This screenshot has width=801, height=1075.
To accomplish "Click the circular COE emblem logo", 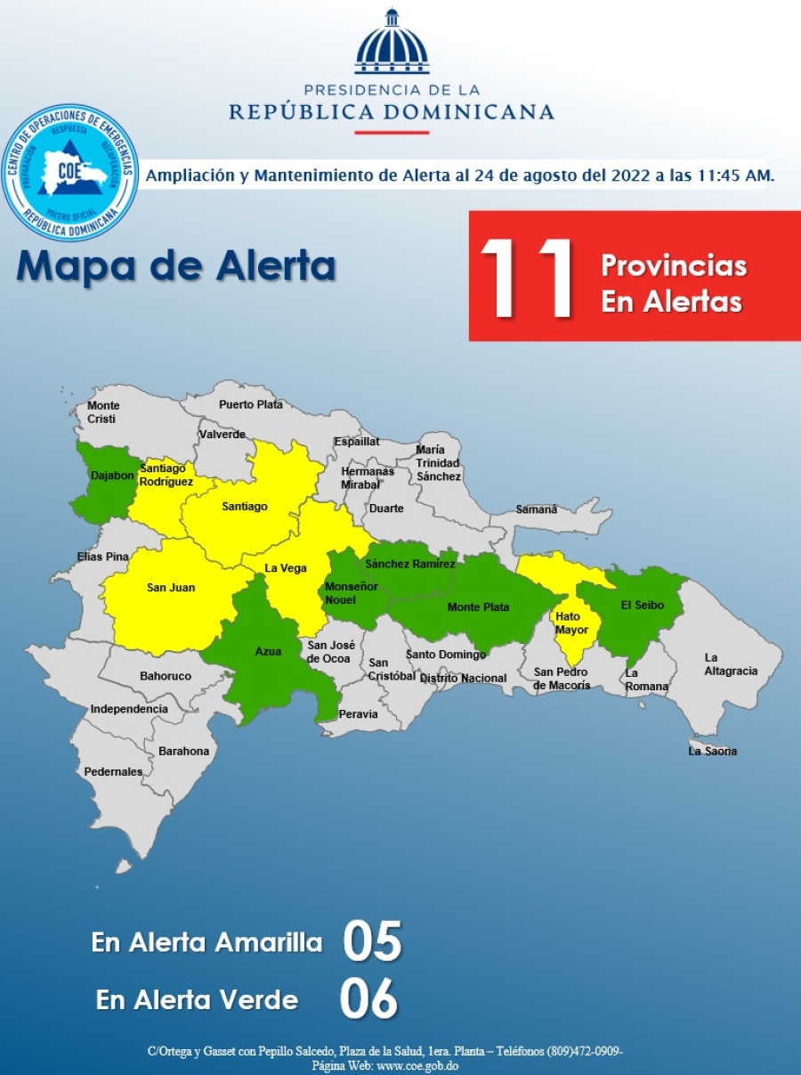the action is [x=70, y=172].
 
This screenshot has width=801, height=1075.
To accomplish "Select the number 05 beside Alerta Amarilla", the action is [x=372, y=942].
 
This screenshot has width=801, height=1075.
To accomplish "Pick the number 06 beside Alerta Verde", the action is [x=368, y=999].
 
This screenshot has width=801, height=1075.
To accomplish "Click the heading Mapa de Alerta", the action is [x=175, y=266].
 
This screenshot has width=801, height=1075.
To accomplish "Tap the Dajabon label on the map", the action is [x=112, y=476].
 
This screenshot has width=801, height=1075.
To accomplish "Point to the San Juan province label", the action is [x=170, y=588].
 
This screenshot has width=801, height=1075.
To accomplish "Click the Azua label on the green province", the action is [x=268, y=652].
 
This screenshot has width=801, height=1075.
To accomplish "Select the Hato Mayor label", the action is [x=568, y=623].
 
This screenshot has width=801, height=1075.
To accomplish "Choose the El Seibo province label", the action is [x=642, y=606].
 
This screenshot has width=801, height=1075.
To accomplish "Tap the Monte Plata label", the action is [x=478, y=607].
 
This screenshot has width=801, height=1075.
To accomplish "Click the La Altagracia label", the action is [x=731, y=664].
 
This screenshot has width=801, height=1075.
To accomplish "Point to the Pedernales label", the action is [x=113, y=772].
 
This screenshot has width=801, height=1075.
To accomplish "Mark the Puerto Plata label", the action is [x=251, y=404].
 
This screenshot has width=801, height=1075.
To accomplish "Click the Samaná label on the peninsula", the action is [x=536, y=509].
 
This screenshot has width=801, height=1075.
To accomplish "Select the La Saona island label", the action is [x=713, y=751].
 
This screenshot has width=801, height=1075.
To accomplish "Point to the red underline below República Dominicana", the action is [x=392, y=133].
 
